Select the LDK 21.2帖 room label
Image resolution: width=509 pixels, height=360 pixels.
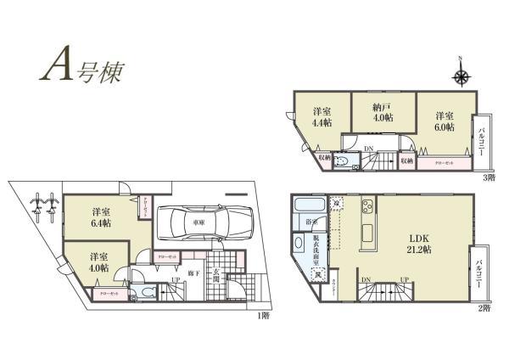417,244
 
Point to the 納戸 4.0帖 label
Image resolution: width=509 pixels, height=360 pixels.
383,112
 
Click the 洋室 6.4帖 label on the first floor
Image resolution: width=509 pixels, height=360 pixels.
102,217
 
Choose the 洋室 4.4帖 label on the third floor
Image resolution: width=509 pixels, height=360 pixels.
322,118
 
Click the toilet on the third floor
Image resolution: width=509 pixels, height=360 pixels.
342,160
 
